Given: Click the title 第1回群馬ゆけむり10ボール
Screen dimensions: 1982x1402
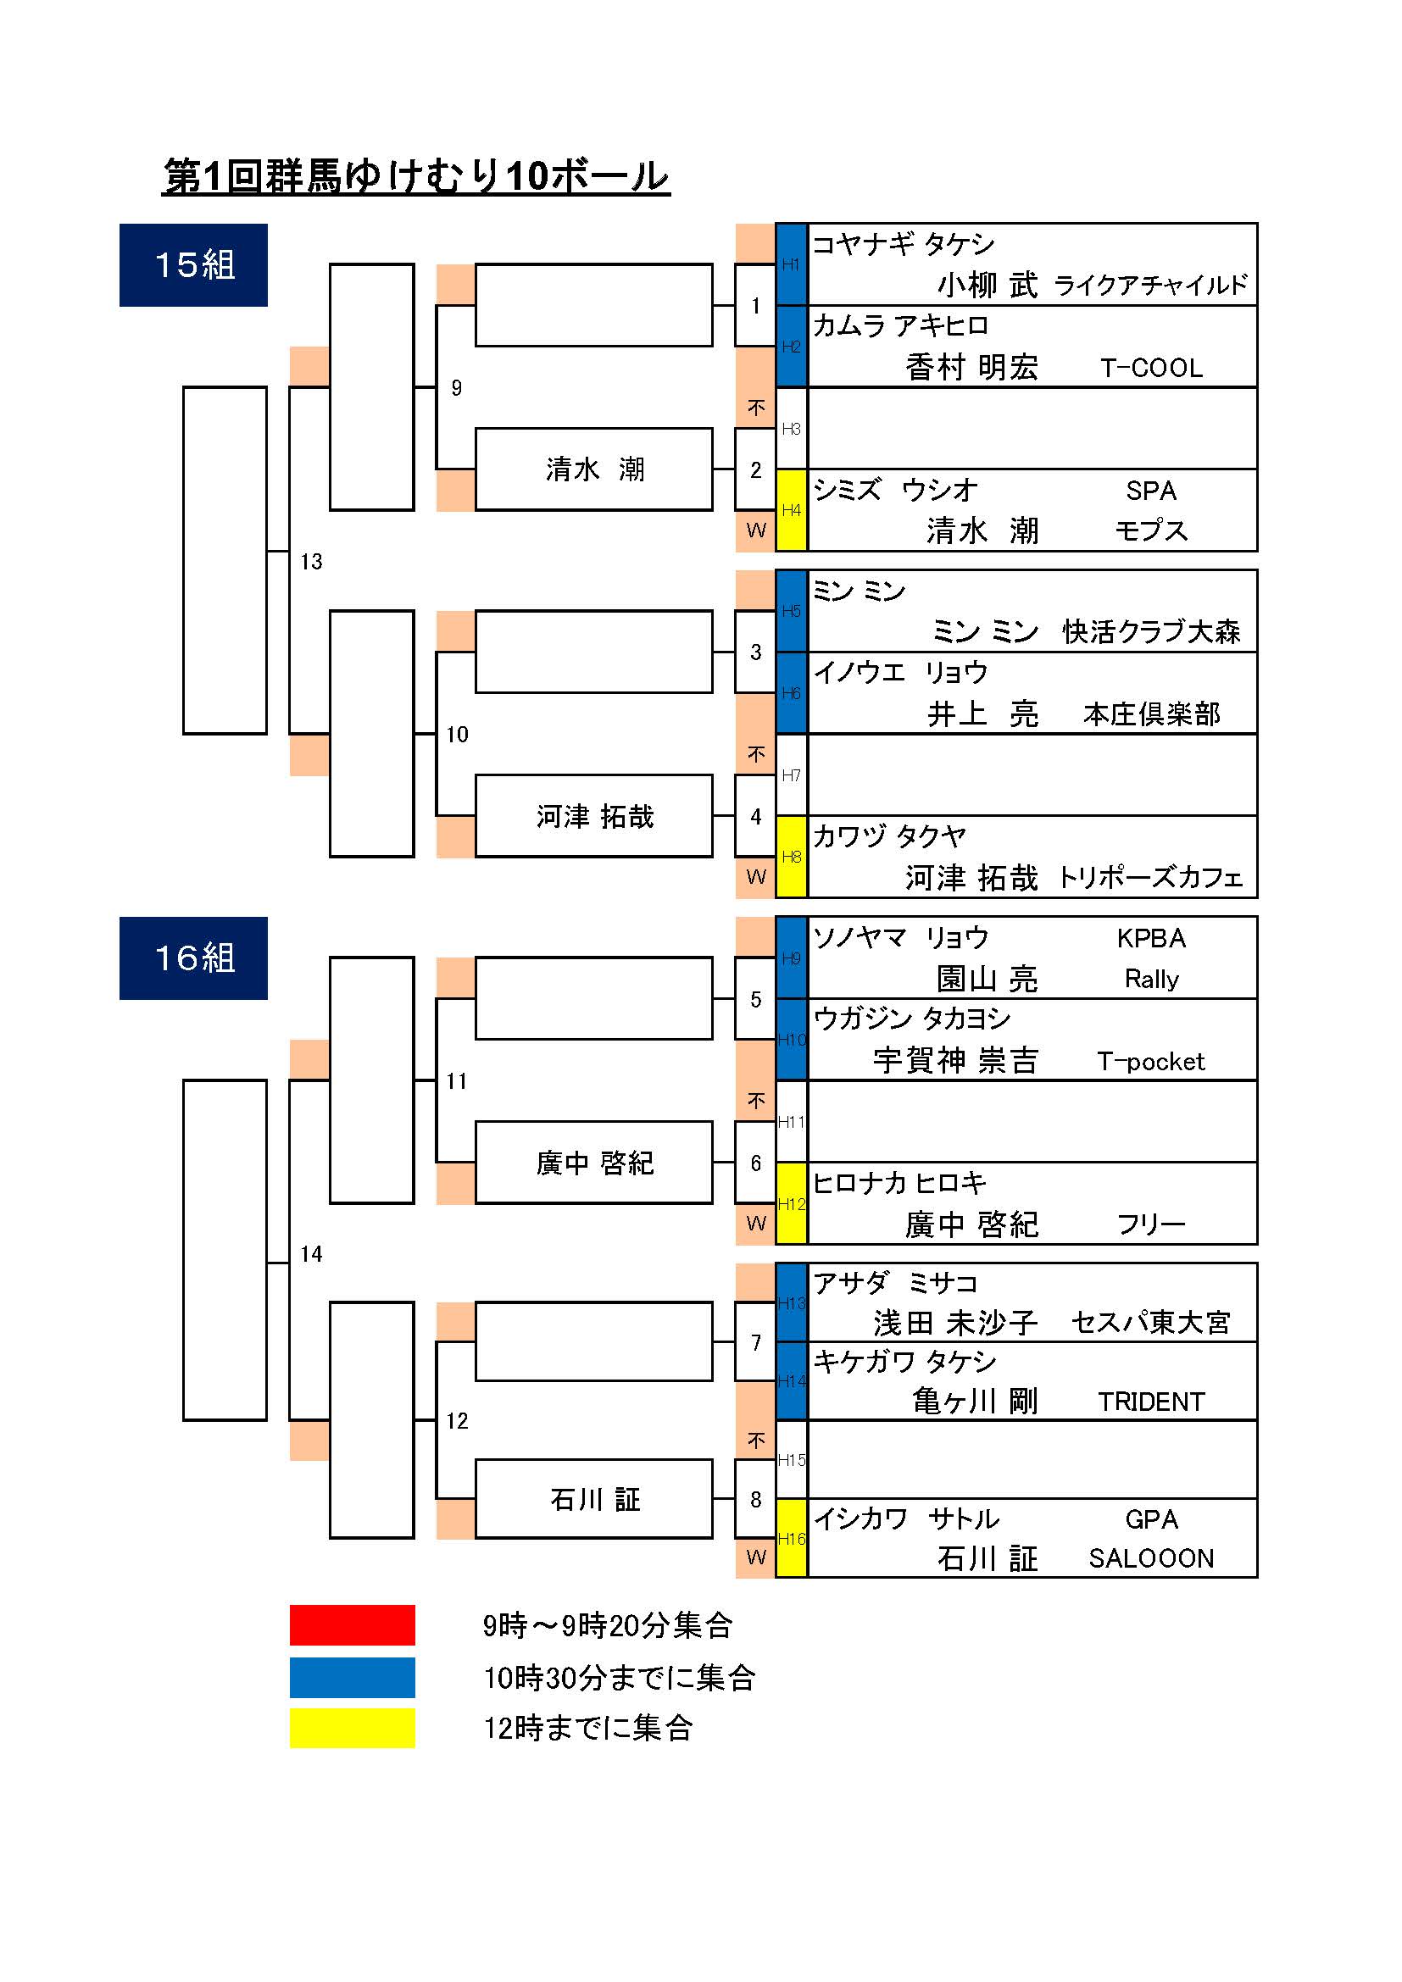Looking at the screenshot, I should (416, 176).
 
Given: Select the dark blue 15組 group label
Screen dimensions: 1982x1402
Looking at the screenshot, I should (193, 265).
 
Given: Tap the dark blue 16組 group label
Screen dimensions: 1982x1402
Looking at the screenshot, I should (193, 958).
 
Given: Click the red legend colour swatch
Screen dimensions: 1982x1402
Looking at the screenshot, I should (353, 1625).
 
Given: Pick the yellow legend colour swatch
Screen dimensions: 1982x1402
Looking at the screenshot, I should (353, 1727).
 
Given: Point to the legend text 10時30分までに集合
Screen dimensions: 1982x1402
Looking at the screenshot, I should (619, 1677).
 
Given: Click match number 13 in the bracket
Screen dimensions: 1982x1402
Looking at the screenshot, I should (311, 562).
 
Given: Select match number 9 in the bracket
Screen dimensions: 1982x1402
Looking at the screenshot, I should (457, 388).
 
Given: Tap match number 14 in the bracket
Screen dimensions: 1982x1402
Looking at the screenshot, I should (311, 1254).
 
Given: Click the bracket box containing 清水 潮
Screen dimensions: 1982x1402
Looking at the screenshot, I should (594, 469).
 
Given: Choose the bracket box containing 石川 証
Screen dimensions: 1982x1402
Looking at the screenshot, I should (594, 1500).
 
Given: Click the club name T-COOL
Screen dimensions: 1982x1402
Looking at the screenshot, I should (1151, 369).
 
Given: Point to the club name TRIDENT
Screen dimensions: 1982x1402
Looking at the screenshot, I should (1151, 1402).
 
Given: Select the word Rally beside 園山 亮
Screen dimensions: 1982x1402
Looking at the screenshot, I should (1151, 979).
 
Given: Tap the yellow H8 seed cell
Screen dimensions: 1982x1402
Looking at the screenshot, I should (791, 857).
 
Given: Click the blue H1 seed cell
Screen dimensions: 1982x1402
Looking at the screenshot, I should (791, 264).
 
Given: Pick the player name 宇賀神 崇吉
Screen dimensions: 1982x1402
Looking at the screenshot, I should (954, 1061).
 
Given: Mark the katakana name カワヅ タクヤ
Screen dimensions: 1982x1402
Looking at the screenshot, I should (889, 836).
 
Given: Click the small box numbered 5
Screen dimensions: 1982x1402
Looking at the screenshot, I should (755, 999).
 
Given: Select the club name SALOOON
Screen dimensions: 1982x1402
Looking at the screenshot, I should (1151, 1558).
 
